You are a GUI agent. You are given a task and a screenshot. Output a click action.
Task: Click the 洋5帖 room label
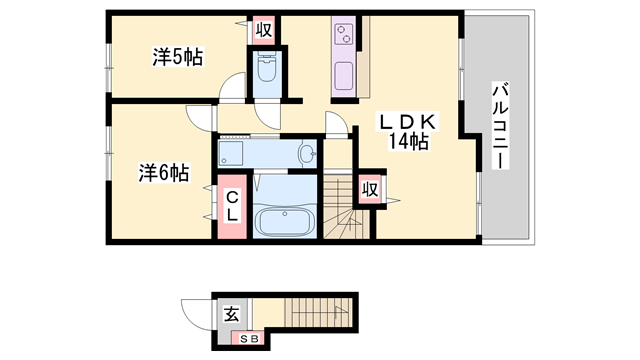tap(178, 57)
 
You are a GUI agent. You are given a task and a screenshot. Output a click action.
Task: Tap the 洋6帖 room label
tap(163, 172)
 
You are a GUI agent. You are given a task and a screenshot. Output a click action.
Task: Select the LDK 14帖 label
tap(404, 132)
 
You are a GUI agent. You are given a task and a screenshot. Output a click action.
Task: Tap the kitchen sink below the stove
tap(344, 77)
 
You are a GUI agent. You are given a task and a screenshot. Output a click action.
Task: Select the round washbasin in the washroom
tap(308, 154)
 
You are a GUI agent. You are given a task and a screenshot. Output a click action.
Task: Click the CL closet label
tap(230, 207)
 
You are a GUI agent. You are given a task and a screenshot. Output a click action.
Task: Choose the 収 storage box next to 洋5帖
tap(264, 30)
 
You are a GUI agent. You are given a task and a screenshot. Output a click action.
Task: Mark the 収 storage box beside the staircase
tap(370, 188)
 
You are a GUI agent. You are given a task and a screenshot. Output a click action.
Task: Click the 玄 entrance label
tap(231, 313)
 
